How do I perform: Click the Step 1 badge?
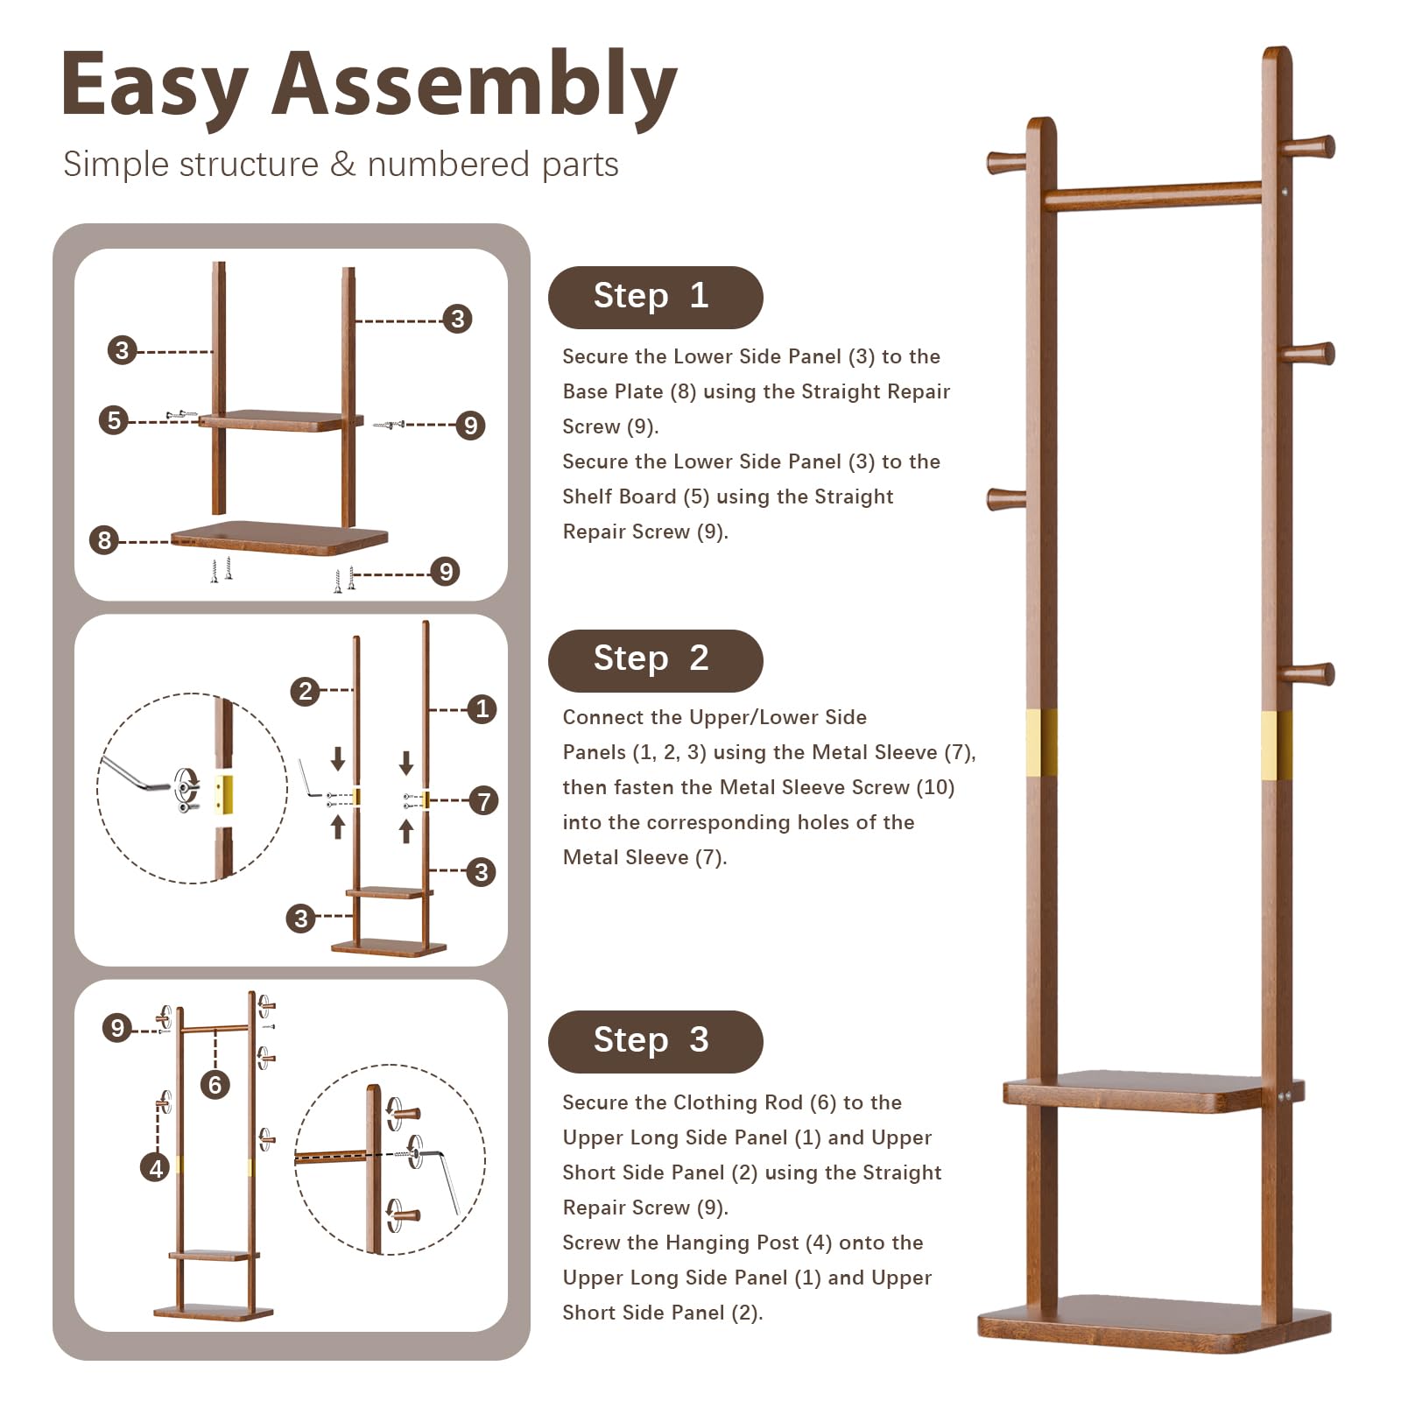(x=655, y=297)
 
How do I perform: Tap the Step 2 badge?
(x=655, y=659)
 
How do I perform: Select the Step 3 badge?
(x=655, y=1041)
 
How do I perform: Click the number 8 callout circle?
(x=104, y=539)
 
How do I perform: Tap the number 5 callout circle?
(x=114, y=420)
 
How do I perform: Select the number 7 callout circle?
(x=483, y=800)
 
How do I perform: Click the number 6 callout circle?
(x=215, y=1085)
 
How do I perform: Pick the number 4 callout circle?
(x=155, y=1167)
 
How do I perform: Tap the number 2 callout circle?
(x=305, y=691)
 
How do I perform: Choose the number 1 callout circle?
(x=482, y=708)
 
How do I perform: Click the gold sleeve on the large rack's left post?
(x=1041, y=743)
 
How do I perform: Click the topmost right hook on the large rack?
(x=1309, y=146)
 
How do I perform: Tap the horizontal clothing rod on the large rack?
(x=1151, y=194)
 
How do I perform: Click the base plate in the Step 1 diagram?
(x=278, y=535)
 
